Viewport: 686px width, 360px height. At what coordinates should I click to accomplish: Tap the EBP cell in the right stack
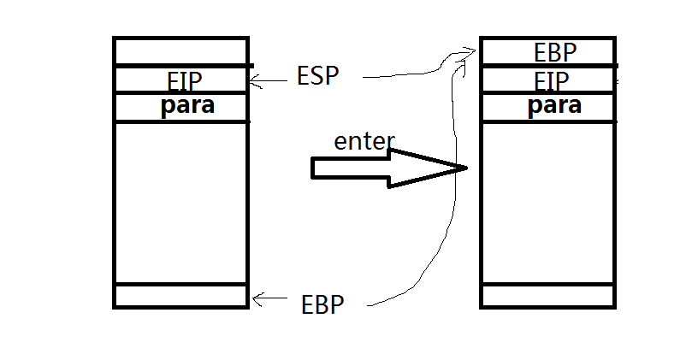pyautogui.click(x=555, y=53)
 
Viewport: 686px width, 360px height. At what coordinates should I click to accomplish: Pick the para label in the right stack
pyautogui.click(x=555, y=106)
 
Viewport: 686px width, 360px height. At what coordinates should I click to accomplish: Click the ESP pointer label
pyautogui.click(x=318, y=75)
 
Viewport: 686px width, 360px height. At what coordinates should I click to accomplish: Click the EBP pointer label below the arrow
pyautogui.click(x=323, y=304)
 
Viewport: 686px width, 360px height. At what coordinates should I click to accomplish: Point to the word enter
pyautogui.click(x=364, y=142)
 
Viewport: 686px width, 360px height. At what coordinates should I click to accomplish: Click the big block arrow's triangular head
pyautogui.click(x=428, y=168)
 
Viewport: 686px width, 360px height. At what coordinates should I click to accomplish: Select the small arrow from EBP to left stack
pyautogui.click(x=269, y=298)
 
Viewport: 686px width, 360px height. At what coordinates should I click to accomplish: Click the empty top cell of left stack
pyautogui.click(x=180, y=51)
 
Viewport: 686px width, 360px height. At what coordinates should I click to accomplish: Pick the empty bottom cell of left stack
pyautogui.click(x=180, y=296)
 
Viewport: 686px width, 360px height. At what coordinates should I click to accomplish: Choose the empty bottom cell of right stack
pyautogui.click(x=547, y=296)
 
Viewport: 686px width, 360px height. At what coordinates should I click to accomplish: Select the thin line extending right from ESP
pyautogui.click(x=402, y=75)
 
